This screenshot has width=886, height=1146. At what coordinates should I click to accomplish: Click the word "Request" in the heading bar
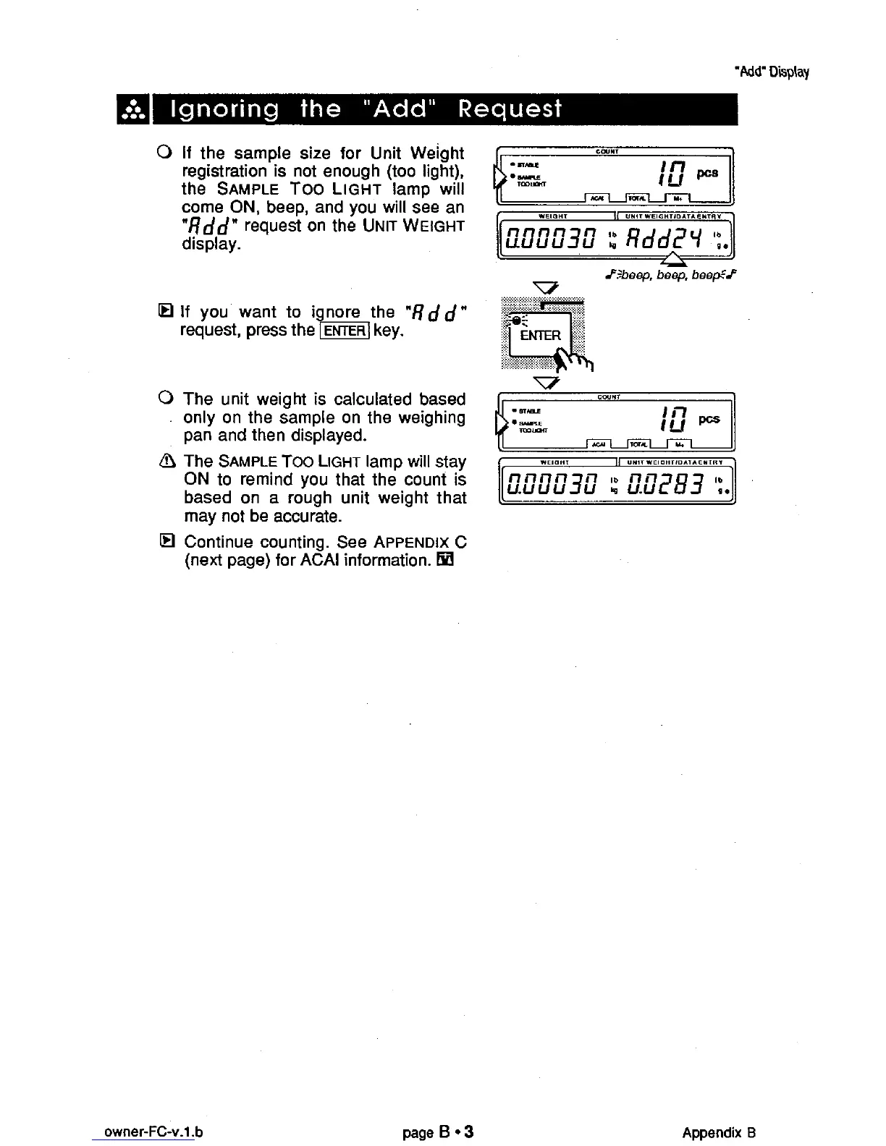[x=510, y=109]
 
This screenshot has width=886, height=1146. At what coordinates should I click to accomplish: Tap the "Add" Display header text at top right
[x=771, y=72]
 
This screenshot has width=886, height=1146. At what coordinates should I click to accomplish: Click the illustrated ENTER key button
[x=540, y=335]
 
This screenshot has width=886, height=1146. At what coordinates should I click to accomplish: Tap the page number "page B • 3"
[x=439, y=1132]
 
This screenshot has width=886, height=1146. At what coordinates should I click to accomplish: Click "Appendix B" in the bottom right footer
[x=719, y=1132]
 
